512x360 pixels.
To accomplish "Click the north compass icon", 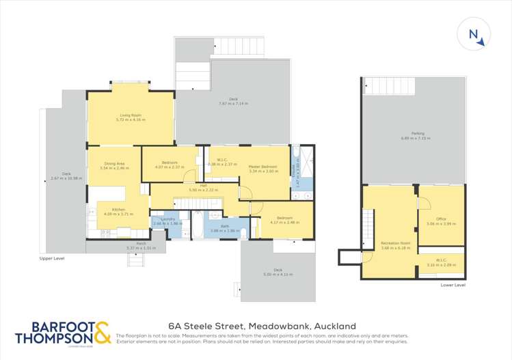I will [x=476, y=36].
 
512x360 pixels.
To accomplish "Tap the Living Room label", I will [x=131, y=115].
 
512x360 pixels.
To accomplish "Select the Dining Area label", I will [x=111, y=164].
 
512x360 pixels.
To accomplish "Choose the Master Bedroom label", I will [x=263, y=167].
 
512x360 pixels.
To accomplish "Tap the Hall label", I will [x=203, y=186].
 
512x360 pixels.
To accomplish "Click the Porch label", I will [x=142, y=243].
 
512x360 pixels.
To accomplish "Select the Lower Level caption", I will [x=453, y=284].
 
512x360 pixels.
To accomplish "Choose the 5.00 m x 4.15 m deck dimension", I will [x=278, y=275].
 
